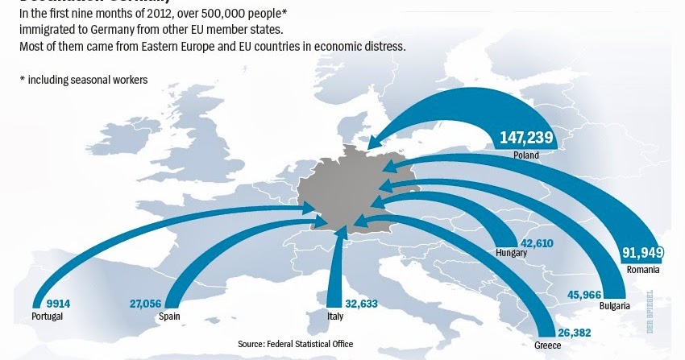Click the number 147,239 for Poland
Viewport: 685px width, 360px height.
526,138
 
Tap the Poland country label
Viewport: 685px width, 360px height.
526,154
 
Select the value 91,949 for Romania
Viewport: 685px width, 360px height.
641,254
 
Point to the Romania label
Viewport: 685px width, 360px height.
642,269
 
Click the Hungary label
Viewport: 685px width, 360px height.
512,253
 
